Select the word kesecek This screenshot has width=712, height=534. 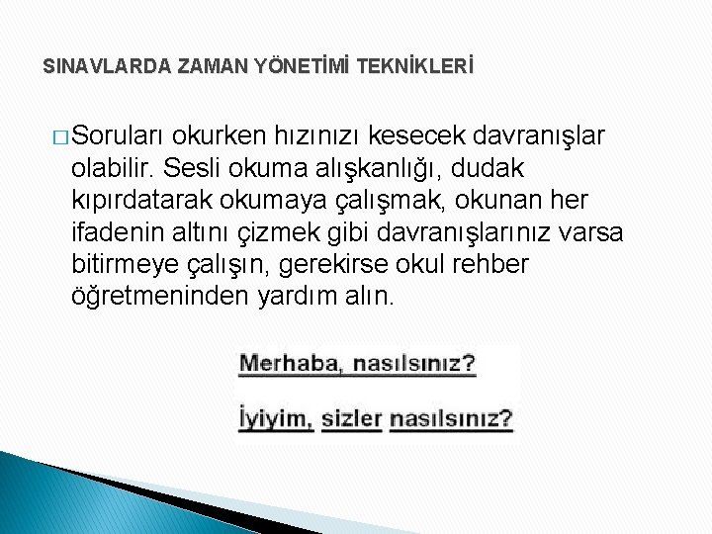(x=422, y=134)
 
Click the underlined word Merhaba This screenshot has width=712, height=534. (x=290, y=364)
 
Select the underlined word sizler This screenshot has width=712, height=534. (x=351, y=418)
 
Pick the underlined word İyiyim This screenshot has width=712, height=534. (x=275, y=418)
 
